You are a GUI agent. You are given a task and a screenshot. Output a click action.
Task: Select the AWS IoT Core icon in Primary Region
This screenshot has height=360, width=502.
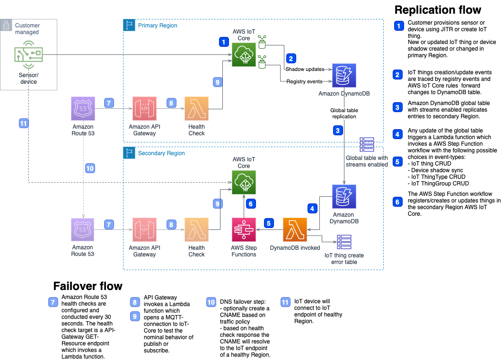click(x=244, y=54)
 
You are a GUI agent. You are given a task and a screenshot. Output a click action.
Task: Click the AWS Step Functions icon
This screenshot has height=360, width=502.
click(x=244, y=230)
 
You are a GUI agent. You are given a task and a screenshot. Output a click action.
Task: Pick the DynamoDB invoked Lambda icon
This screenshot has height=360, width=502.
click(x=295, y=230)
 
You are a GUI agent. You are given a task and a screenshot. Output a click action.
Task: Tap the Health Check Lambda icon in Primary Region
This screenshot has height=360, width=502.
click(x=196, y=109)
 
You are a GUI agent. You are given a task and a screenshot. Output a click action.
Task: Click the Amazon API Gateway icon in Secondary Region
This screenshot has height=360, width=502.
click(x=145, y=230)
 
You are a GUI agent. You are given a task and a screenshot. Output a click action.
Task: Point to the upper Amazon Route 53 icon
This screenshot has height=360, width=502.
click(x=83, y=109)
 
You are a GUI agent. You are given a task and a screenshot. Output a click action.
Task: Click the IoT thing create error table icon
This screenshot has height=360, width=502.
click(x=344, y=242)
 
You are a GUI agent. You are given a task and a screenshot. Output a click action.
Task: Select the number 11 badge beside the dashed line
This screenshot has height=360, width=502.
click(x=23, y=123)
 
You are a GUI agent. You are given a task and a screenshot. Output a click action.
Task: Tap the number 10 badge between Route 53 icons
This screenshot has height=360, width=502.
click(x=90, y=167)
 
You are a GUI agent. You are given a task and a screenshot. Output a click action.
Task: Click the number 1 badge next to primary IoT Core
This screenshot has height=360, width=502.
click(x=223, y=42)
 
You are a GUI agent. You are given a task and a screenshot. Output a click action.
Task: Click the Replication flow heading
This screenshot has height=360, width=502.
click(x=438, y=10)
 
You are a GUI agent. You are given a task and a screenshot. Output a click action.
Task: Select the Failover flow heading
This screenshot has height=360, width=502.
click(x=88, y=286)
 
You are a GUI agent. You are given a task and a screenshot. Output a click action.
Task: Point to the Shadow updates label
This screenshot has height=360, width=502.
click(x=305, y=69)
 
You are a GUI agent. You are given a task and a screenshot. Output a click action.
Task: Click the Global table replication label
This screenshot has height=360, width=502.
click(x=344, y=113)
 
